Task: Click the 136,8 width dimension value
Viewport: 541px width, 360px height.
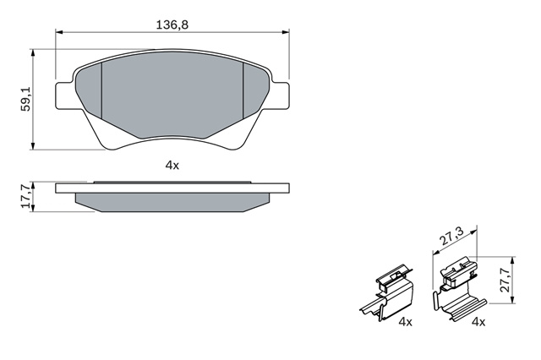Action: click(x=172, y=25)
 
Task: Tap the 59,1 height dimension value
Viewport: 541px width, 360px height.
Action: click(x=26, y=100)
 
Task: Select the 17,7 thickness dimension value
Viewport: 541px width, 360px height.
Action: click(x=26, y=198)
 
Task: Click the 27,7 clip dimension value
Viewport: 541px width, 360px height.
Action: click(x=506, y=280)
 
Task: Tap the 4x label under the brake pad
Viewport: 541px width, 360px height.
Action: click(x=172, y=166)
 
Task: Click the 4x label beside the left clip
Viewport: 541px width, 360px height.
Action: click(x=405, y=322)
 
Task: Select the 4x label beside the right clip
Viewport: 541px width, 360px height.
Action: click(x=478, y=322)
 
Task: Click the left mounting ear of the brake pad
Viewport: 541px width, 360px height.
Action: click(x=65, y=96)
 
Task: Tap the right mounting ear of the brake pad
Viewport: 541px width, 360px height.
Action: click(x=280, y=96)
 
